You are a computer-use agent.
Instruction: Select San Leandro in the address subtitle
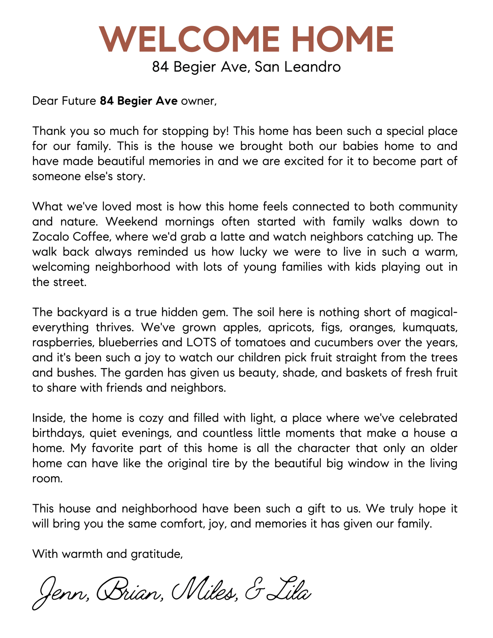coord(298,67)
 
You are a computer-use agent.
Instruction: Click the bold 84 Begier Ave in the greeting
coord(139,101)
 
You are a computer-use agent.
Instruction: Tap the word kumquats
coord(430,327)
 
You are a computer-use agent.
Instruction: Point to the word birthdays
coord(58,433)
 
